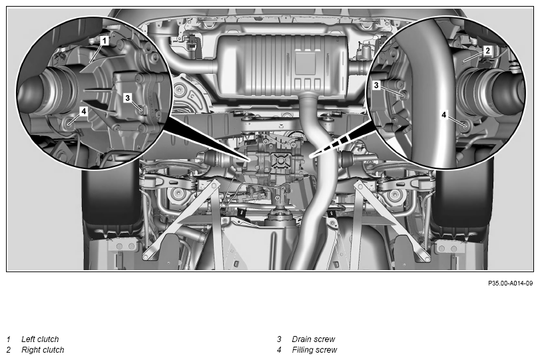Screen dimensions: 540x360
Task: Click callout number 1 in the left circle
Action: point(105,41)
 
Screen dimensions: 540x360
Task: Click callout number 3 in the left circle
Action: point(127,98)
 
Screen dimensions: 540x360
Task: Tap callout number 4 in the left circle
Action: point(84,111)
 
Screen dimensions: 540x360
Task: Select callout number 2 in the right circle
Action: point(487,51)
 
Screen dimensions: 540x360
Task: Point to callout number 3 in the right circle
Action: point(376,85)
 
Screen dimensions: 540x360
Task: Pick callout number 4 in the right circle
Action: point(444,114)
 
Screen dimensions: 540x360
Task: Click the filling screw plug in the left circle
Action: point(69,122)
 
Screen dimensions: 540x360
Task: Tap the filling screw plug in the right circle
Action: point(465,124)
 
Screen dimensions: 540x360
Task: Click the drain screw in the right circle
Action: point(402,93)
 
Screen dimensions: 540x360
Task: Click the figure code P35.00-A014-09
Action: point(510,283)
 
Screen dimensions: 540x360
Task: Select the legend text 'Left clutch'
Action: point(40,339)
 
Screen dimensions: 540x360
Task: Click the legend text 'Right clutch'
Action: point(43,350)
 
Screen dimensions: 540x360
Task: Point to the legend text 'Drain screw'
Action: point(314,339)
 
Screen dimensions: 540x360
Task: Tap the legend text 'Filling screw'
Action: point(314,350)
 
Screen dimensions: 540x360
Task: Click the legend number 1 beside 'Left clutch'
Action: point(9,339)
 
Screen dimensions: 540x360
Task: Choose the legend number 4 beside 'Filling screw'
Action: point(279,350)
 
